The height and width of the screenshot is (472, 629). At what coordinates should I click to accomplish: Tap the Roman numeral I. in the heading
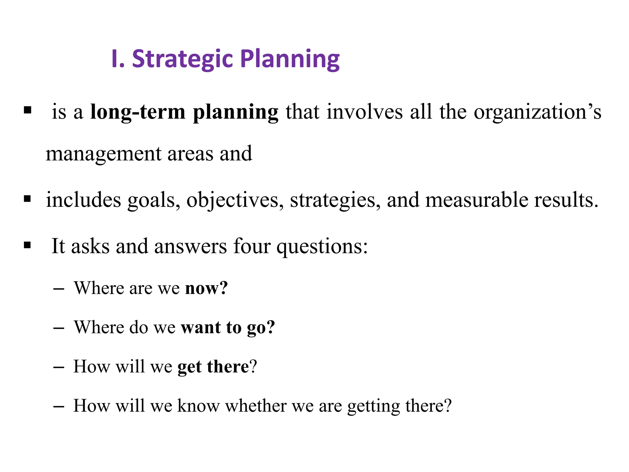118,59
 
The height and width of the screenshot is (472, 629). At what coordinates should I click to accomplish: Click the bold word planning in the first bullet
236,112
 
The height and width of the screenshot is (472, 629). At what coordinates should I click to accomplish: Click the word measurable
477,200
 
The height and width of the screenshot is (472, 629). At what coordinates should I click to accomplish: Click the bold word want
201,327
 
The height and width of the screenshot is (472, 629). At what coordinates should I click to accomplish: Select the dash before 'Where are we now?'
59,289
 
